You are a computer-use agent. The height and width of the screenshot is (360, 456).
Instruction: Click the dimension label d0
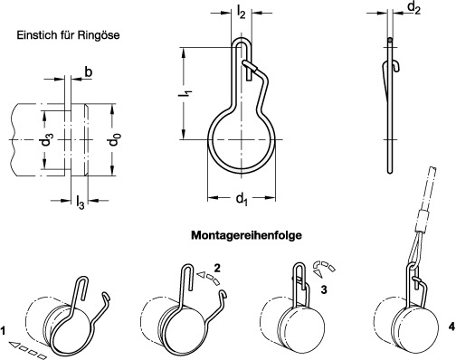(115, 140)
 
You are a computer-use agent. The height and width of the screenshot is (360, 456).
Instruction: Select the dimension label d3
(48, 140)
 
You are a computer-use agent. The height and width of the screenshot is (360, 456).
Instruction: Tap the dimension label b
(88, 72)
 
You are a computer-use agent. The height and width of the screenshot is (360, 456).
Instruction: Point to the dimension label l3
(80, 203)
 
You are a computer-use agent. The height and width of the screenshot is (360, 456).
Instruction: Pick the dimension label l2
(242, 13)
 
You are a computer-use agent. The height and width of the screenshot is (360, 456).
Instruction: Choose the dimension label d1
(242, 199)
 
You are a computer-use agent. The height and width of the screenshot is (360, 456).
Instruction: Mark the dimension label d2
(413, 8)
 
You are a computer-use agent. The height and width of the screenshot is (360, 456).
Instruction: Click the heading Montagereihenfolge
(246, 235)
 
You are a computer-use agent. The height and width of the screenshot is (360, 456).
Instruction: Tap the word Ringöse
(99, 35)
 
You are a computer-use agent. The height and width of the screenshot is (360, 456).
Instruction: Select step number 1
(3, 332)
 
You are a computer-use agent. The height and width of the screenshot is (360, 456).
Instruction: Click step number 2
(217, 268)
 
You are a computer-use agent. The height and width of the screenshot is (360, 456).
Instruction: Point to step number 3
(324, 289)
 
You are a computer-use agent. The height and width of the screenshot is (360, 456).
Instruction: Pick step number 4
(451, 327)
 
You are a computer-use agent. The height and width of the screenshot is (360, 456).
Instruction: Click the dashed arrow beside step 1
(28, 350)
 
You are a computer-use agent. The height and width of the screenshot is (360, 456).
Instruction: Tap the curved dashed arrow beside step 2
(209, 279)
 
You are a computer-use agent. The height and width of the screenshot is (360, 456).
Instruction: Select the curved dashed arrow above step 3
(324, 268)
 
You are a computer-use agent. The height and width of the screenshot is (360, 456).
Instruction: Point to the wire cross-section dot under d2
(390, 39)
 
